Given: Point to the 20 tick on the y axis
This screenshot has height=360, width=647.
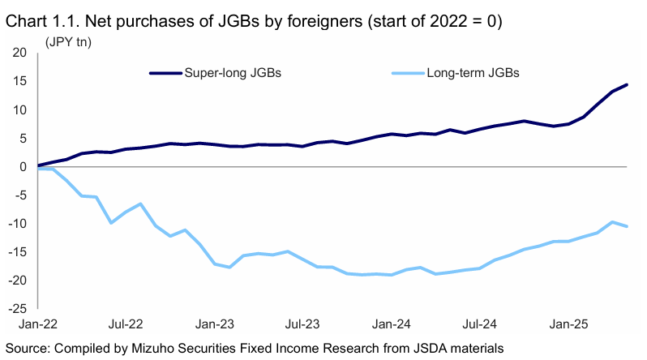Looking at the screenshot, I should click(20, 53).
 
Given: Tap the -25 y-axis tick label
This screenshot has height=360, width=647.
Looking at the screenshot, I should click(18, 308).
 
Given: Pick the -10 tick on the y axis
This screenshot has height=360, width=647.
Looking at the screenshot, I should click(18, 223).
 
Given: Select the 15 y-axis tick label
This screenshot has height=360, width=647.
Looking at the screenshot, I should click(20, 81).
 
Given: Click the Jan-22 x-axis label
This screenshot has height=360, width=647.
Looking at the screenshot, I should click(38, 324).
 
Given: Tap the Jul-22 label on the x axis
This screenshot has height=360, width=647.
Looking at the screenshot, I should click(126, 324).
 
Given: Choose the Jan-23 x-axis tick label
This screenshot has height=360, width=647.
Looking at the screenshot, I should click(214, 324).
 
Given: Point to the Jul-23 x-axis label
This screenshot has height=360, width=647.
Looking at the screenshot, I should click(302, 324).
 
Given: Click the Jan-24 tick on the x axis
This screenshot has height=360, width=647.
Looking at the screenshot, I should click(391, 324).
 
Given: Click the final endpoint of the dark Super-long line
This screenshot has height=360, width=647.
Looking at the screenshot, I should click(627, 85).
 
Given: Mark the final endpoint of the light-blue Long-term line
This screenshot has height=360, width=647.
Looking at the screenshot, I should click(627, 226).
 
